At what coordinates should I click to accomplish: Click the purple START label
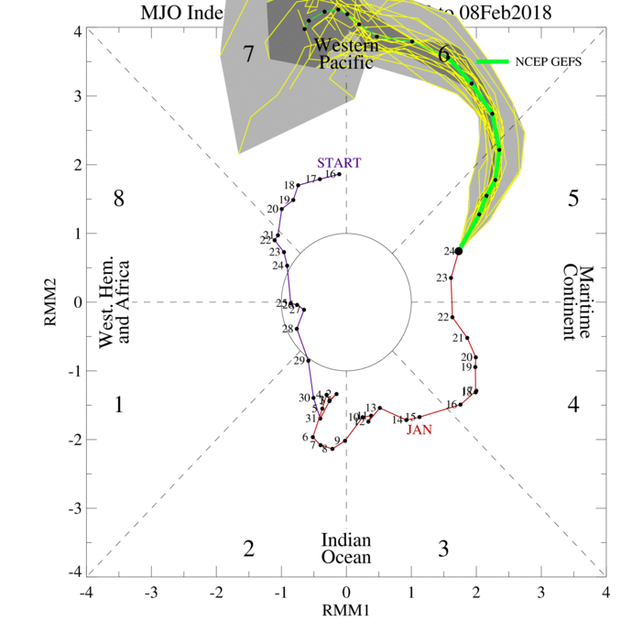point(340,163)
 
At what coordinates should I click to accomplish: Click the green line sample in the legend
point(492,61)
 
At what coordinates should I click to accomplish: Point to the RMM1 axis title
point(346,609)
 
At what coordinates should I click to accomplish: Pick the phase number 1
point(118,403)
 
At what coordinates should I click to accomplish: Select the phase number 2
point(248,549)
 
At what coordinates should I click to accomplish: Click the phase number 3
point(443,549)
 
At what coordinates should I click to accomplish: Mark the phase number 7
point(248,54)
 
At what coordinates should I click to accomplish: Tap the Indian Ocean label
point(346,549)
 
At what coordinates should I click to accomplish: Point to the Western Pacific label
point(344,54)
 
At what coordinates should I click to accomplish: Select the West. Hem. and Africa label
point(115,301)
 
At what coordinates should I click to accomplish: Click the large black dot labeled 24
point(459,250)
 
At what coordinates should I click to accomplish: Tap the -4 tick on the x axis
point(86,591)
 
